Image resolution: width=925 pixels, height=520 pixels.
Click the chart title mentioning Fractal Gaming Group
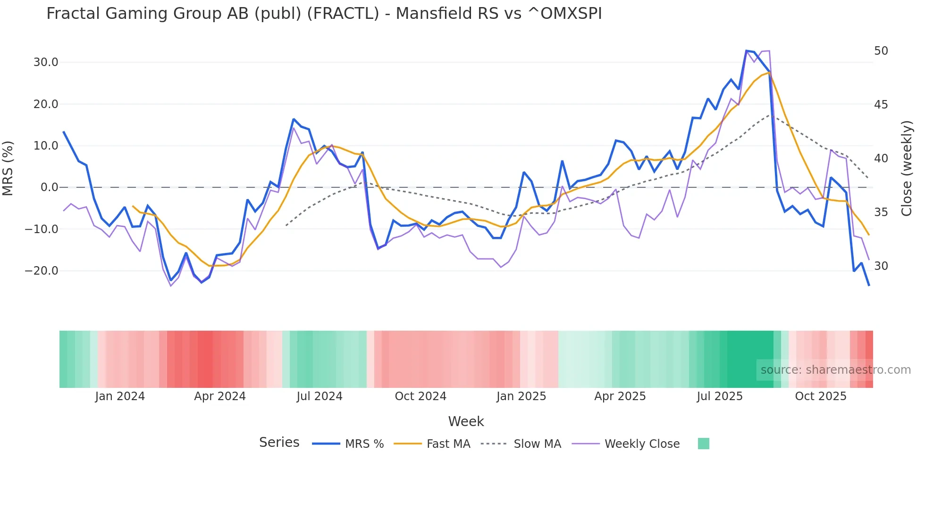click(x=324, y=14)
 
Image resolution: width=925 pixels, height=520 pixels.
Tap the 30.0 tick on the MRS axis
click(x=46, y=62)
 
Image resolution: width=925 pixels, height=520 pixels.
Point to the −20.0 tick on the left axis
click(x=42, y=271)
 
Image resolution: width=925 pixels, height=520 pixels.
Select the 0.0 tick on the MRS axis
click(x=49, y=187)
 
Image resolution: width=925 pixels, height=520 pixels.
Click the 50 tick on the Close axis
click(x=881, y=51)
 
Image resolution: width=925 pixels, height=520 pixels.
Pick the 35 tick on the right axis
click(x=881, y=212)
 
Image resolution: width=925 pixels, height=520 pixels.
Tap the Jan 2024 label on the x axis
click(x=120, y=396)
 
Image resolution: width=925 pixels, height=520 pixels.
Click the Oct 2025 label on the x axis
click(x=821, y=396)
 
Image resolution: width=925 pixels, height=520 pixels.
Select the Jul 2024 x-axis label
click(x=320, y=396)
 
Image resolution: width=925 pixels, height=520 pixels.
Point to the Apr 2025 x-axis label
click(x=620, y=396)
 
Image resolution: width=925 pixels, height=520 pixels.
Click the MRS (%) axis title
click(x=8, y=168)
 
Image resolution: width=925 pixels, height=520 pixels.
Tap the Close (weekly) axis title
click(x=906, y=168)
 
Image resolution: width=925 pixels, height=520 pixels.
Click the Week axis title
click(x=466, y=421)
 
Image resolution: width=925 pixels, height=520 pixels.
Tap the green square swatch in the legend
click(x=703, y=444)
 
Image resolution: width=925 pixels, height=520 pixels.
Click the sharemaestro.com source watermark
click(x=835, y=370)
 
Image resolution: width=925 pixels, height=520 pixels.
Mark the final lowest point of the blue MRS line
click(x=869, y=285)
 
